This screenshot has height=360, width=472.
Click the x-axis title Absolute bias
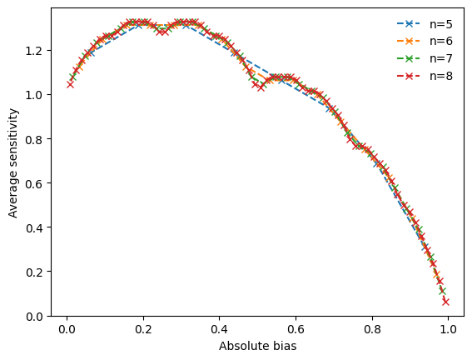(x=257, y=346)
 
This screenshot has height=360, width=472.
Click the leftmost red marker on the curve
(x=71, y=84)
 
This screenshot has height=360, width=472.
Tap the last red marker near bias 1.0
(x=445, y=302)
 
